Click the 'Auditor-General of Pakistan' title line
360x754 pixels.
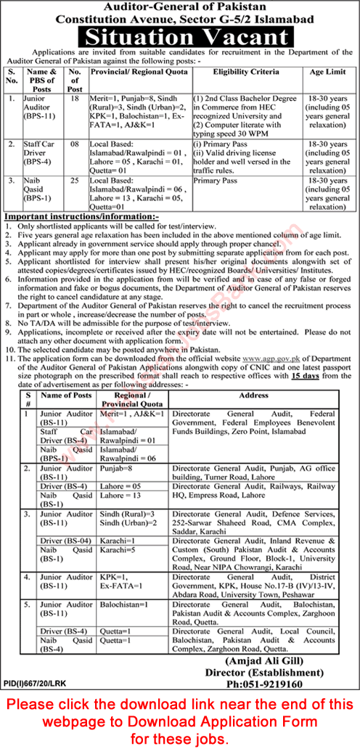[180, 6]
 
